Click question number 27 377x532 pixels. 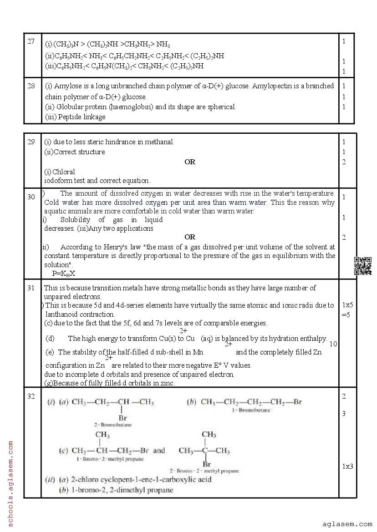point(31,41)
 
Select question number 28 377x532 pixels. point(31,86)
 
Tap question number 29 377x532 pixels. point(31,142)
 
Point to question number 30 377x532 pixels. point(31,197)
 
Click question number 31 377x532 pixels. point(31,288)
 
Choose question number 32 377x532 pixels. point(31,396)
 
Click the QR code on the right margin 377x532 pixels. point(363,266)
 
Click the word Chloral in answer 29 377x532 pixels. point(64,172)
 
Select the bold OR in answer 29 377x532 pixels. point(190,162)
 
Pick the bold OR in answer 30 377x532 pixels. point(190,237)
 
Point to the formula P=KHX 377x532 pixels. point(64,273)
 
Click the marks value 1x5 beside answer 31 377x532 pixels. point(348,305)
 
